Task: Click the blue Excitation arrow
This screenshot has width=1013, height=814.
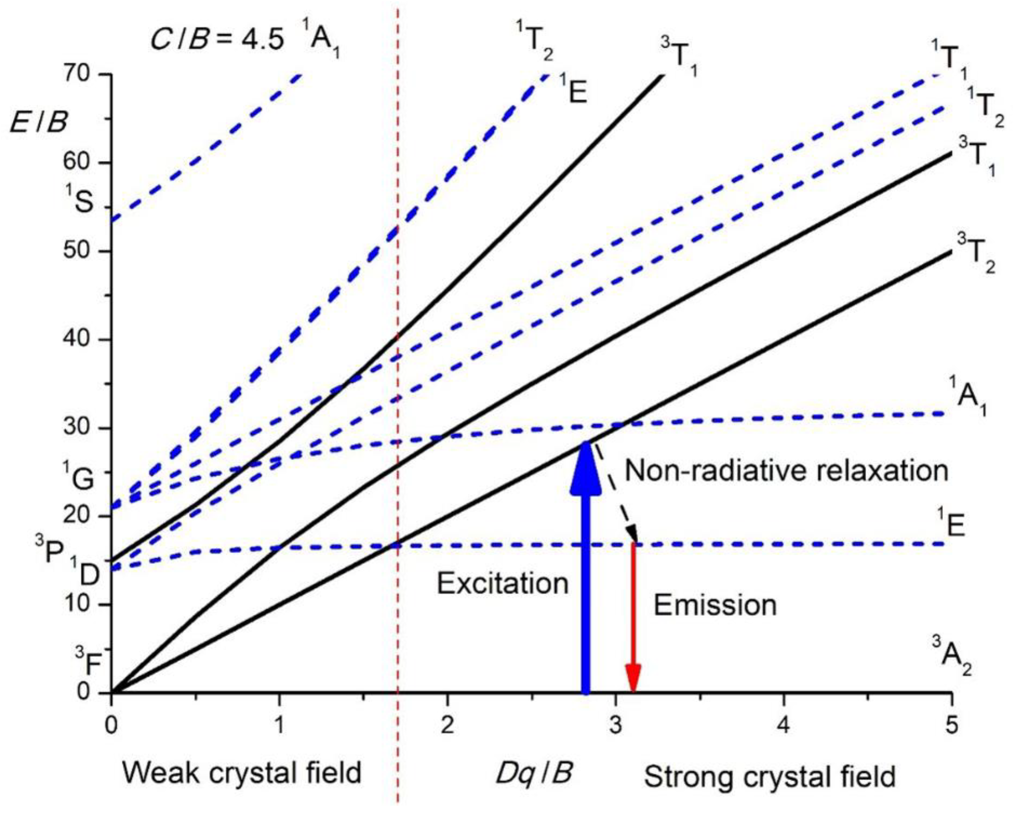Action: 586,587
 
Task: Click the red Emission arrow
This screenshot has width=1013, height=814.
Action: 633,620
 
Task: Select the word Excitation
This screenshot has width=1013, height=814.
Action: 503,584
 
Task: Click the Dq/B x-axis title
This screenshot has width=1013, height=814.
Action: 534,773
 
